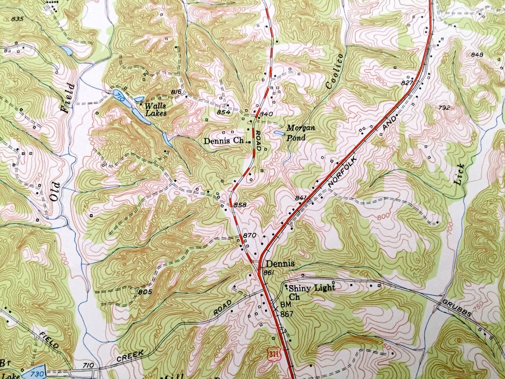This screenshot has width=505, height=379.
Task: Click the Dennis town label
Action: tap(280, 264)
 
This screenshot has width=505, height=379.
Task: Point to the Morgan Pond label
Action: tap(300, 133)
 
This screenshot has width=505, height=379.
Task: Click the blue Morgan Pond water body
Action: tap(279, 133)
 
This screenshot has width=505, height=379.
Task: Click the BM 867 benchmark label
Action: tap(285, 309)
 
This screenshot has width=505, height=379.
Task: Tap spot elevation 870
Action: tap(249, 235)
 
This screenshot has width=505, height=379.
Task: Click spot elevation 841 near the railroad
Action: tap(300, 198)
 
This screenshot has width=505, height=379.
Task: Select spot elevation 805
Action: tap(145, 292)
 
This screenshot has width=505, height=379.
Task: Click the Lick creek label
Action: tap(460, 173)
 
